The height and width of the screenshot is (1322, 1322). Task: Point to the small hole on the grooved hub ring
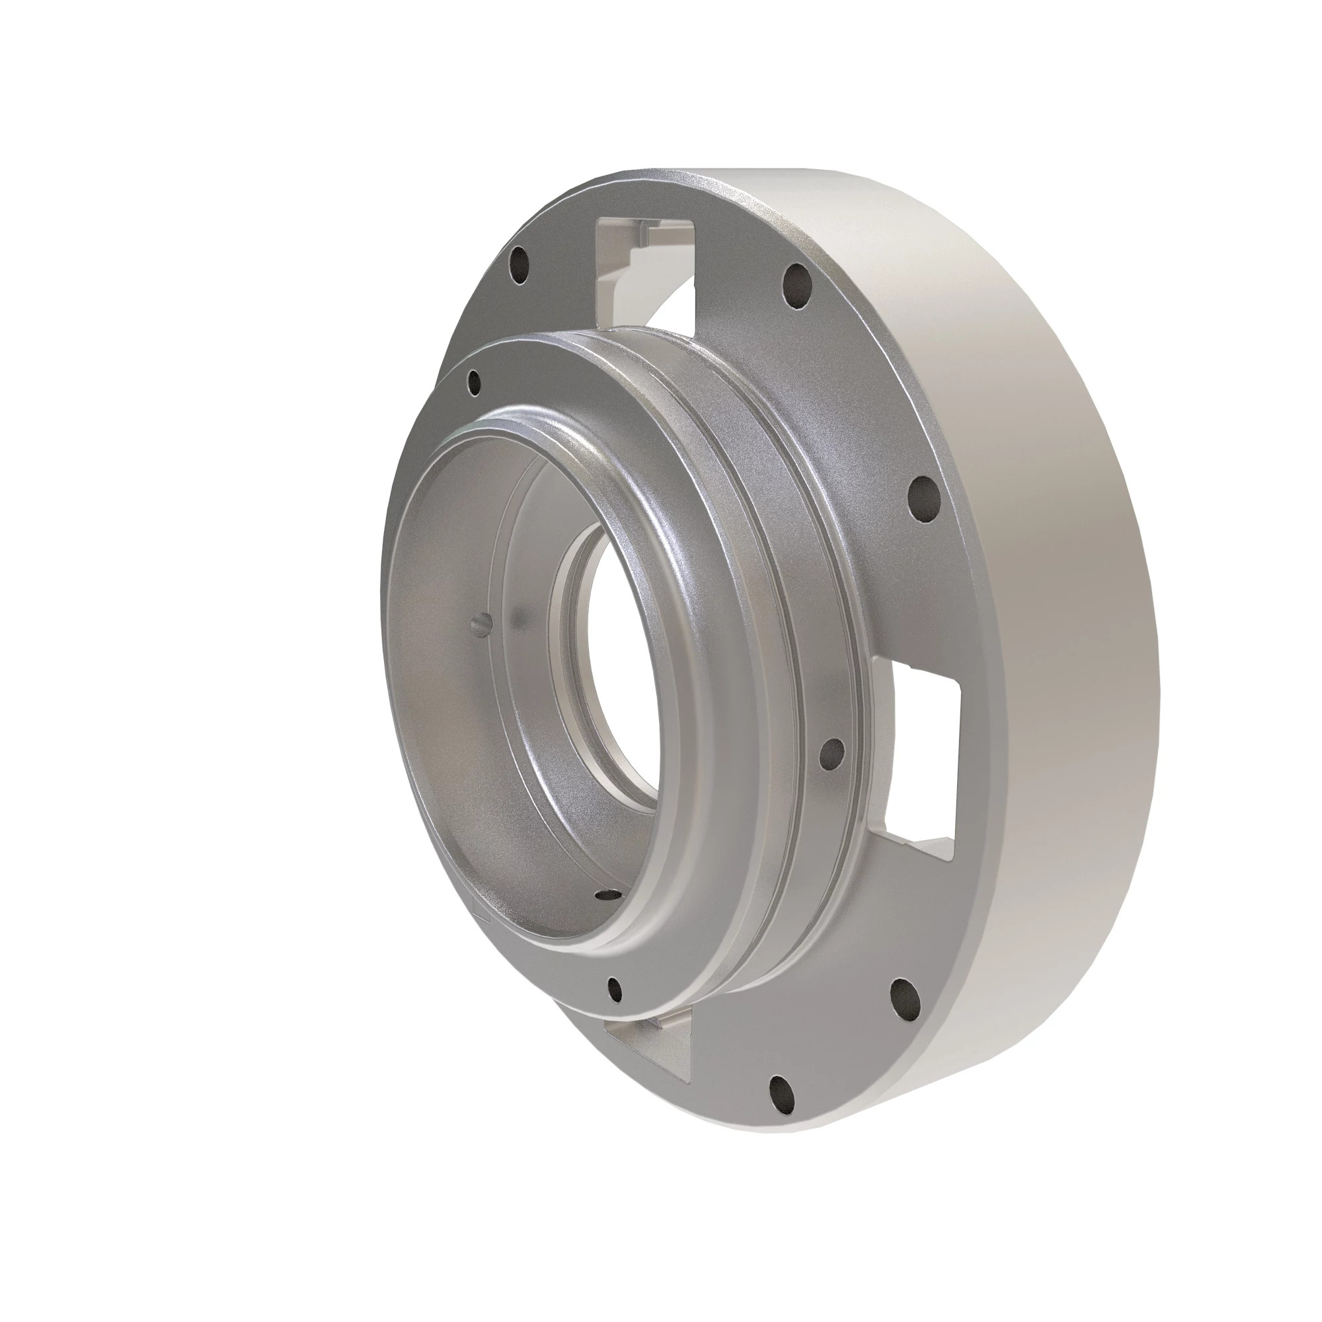832,753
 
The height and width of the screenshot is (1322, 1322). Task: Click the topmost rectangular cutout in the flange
646,274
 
